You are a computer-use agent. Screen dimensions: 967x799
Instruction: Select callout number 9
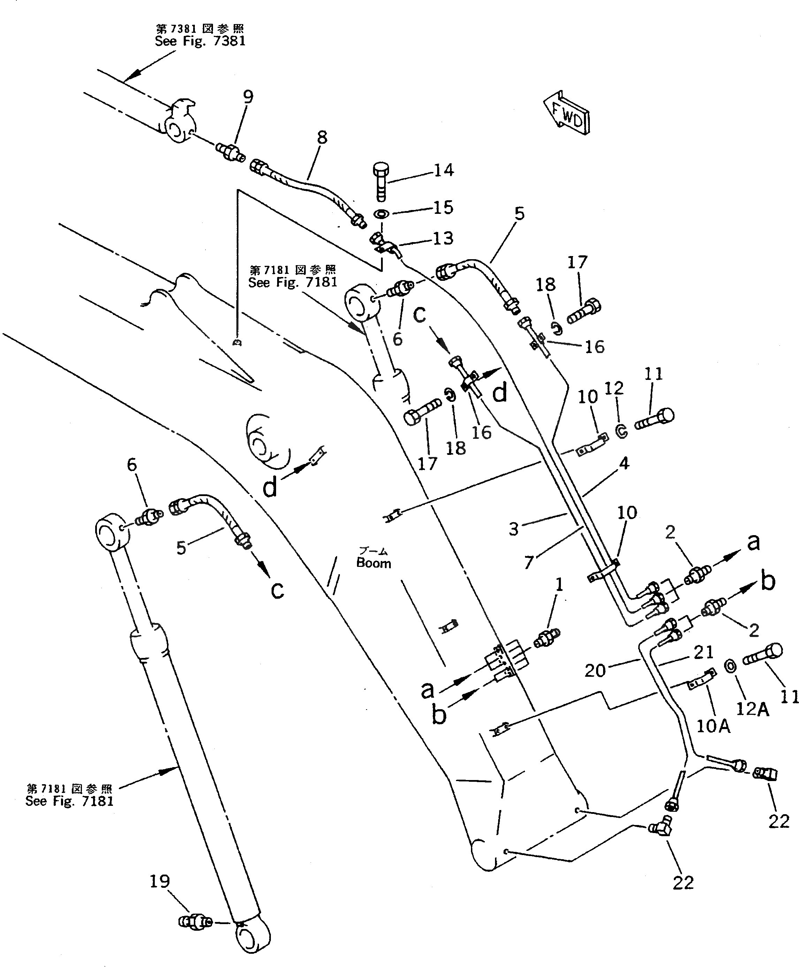(x=248, y=97)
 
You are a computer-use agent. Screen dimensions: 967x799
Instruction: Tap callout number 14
(x=444, y=170)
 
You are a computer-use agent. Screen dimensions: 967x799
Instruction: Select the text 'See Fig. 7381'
(x=200, y=42)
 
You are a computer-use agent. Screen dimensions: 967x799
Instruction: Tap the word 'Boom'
(x=374, y=563)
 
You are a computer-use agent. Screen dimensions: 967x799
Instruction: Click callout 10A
(x=713, y=726)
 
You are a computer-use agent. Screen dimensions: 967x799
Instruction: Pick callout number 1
(x=559, y=584)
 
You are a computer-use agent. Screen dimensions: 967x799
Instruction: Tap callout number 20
(x=595, y=670)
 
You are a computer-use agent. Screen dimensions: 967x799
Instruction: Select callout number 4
(x=624, y=463)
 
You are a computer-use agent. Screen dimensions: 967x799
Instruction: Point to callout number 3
(x=513, y=529)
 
